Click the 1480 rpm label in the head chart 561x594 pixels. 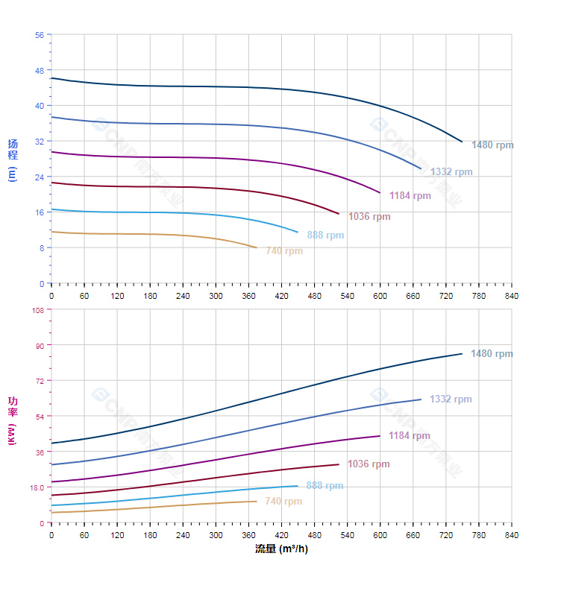pos(492,145)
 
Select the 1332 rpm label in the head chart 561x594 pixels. pos(451,172)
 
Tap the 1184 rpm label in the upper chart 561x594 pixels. pos(410,196)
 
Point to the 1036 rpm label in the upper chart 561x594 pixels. pos(369,217)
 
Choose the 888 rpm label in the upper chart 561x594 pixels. pos(325,236)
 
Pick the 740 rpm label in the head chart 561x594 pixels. pos(284,251)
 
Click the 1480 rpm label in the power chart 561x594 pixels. pos(492,354)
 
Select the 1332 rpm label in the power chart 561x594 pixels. pos(451,399)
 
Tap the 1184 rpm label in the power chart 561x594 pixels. pos(409,436)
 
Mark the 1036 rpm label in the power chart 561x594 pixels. pos(369,464)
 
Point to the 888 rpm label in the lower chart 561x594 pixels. pos(325,486)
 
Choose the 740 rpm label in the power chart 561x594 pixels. pos(283,502)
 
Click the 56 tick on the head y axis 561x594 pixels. pos(39,34)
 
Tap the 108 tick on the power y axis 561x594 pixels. pos(37,309)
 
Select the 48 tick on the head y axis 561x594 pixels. pos(39,70)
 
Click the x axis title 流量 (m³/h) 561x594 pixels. pos(281,549)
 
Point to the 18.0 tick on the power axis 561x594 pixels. pos(37,487)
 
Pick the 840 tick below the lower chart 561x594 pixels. pos(512,535)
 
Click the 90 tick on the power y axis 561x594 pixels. pos(39,345)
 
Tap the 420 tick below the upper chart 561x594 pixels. pos(281,296)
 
